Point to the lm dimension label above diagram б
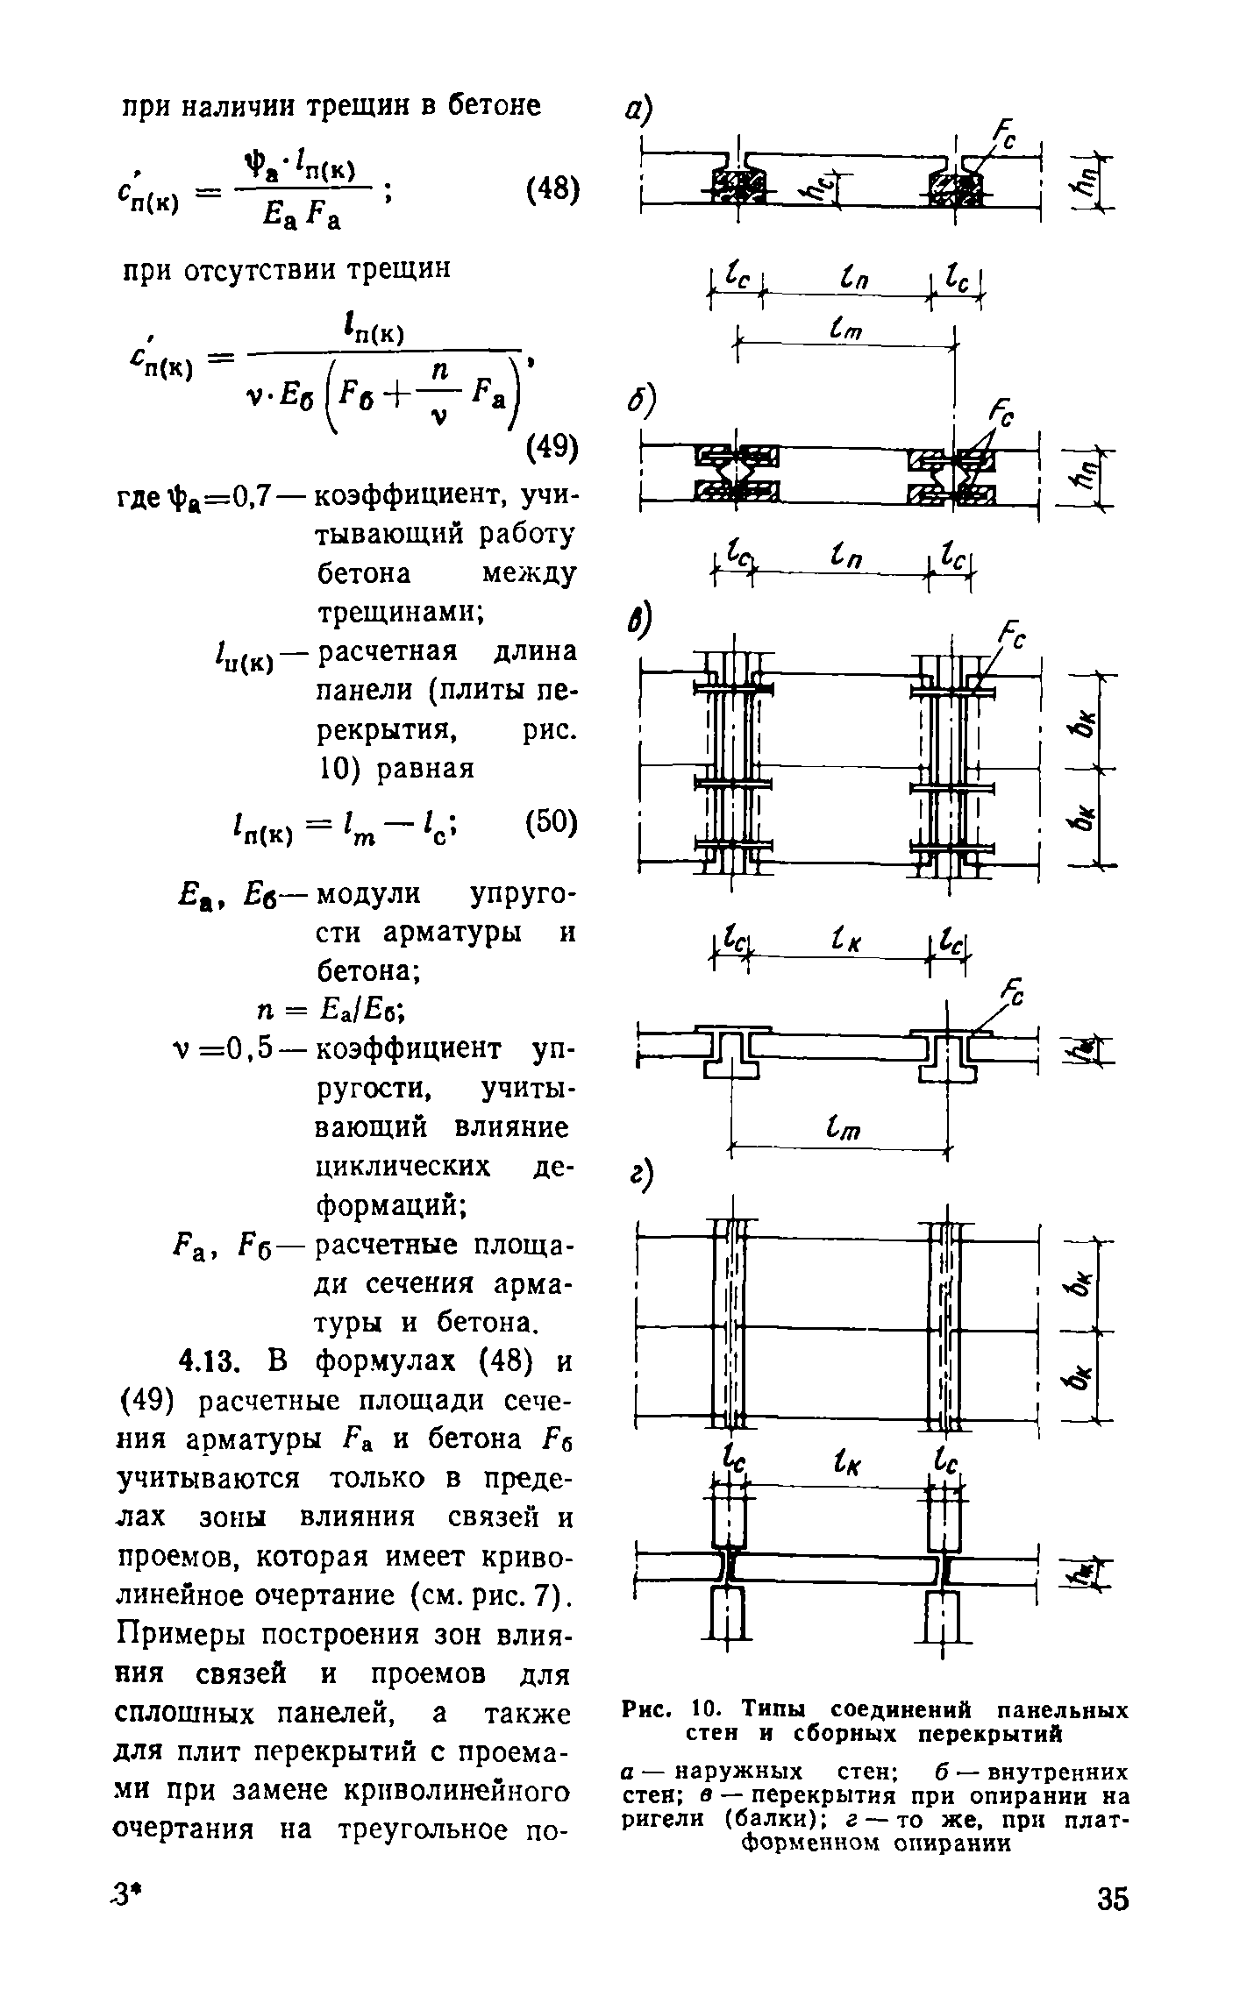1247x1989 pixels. pyautogui.click(x=841, y=330)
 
